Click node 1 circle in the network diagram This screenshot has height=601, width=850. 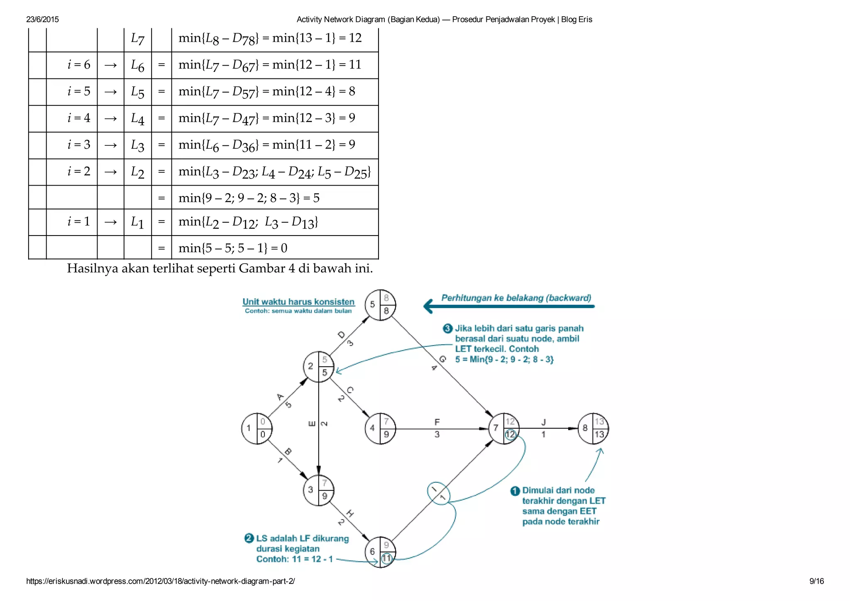(256, 429)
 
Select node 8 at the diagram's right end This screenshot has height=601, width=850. (593, 429)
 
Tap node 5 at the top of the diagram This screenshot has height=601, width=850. (380, 305)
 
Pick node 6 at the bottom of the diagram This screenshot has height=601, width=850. (380, 552)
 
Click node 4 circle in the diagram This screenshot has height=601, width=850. (380, 429)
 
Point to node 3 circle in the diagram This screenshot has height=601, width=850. (318, 490)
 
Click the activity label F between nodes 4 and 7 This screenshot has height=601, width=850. (437, 422)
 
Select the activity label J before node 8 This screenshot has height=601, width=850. (543, 422)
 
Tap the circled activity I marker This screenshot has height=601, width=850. (439, 493)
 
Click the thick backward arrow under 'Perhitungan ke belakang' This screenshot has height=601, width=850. (509, 307)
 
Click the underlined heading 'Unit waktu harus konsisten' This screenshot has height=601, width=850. (298, 302)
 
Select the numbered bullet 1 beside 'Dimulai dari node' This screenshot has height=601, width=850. (515, 491)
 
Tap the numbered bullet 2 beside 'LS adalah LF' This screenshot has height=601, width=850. (249, 539)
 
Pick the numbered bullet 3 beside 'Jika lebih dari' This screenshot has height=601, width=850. (447, 329)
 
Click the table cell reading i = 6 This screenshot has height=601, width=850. (79, 65)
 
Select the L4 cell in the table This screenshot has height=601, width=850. (137, 119)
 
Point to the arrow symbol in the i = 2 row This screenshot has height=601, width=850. (110, 172)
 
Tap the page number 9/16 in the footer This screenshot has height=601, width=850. (816, 581)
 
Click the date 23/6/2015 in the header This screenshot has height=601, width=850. (42, 20)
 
